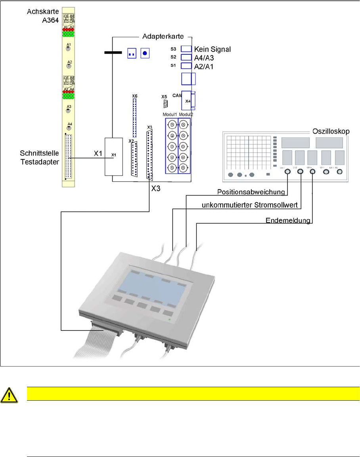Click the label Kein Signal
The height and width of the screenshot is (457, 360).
(x=212, y=49)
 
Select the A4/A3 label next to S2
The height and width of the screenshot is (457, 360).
(x=205, y=58)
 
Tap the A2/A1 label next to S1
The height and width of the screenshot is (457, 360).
(x=205, y=66)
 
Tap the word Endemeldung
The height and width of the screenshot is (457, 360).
(x=288, y=220)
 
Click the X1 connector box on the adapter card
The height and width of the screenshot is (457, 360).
(x=114, y=156)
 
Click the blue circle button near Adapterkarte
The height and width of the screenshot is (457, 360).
(x=145, y=53)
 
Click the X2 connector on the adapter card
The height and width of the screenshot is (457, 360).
(x=134, y=159)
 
